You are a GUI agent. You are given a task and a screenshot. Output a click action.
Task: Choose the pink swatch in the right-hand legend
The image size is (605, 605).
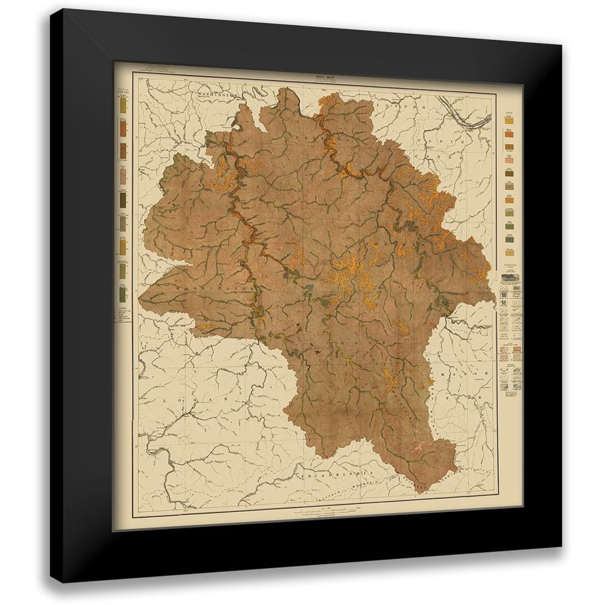[509, 162]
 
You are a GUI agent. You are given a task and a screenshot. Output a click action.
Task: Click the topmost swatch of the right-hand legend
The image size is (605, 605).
[509, 119]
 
